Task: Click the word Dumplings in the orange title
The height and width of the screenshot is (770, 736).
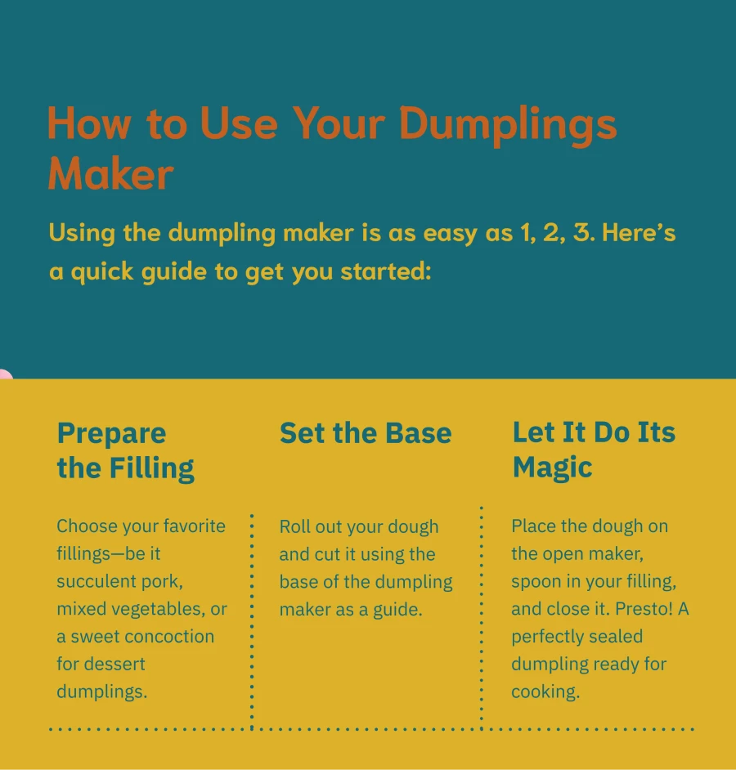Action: tap(507, 123)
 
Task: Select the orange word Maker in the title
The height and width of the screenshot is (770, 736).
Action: tap(110, 173)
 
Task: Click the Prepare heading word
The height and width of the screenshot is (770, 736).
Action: tap(111, 432)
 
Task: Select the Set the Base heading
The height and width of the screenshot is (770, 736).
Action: tap(365, 432)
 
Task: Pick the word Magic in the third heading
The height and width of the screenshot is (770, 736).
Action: tap(552, 468)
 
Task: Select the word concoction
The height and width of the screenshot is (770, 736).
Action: tap(170, 636)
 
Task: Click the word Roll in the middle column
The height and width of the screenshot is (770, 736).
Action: tap(295, 526)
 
